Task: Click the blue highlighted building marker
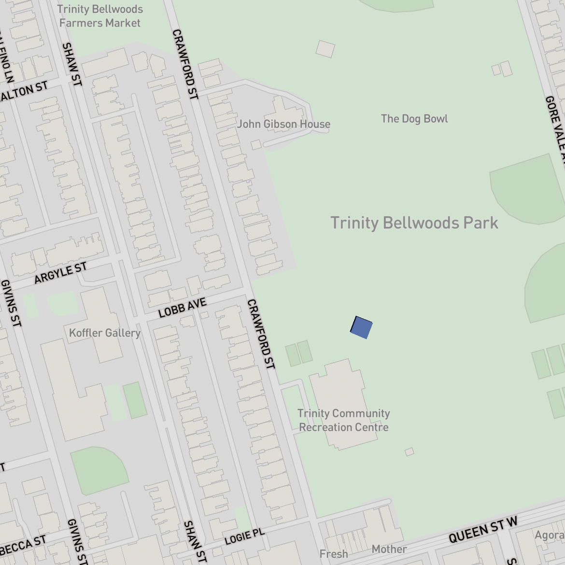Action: click(x=361, y=327)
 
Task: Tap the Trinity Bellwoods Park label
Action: click(x=414, y=223)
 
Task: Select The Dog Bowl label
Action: click(x=414, y=119)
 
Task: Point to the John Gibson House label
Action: click(x=283, y=124)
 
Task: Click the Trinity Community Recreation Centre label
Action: click(x=343, y=420)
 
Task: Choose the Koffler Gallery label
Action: click(x=105, y=333)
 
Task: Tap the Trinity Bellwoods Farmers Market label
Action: click(x=100, y=16)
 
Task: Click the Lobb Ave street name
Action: click(x=182, y=308)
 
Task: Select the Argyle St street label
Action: click(x=60, y=273)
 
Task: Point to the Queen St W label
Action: click(x=483, y=530)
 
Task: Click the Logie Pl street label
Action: click(x=245, y=537)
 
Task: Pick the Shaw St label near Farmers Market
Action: click(x=72, y=65)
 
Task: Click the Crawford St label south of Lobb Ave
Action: click(x=261, y=334)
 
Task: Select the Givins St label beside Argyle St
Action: click(x=11, y=303)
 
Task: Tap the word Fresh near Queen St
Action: click(x=334, y=554)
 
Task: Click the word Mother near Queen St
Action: click(x=389, y=549)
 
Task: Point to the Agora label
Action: click(x=550, y=535)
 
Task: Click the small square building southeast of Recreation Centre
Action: click(x=409, y=452)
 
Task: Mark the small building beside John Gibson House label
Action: click(x=256, y=144)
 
